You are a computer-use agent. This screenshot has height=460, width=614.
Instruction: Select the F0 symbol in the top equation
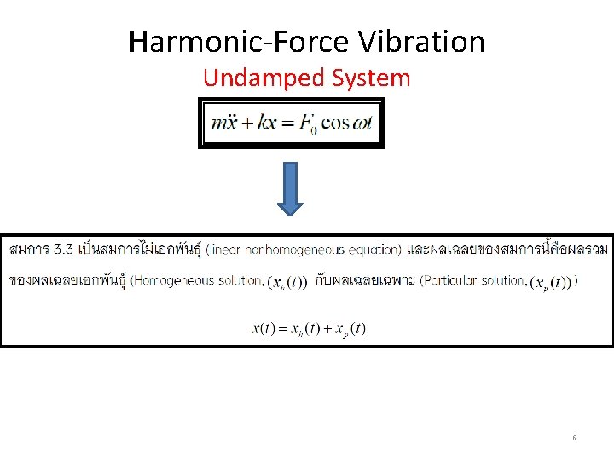click(310, 123)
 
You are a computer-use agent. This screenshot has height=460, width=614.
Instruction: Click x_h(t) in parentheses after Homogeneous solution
click(287, 282)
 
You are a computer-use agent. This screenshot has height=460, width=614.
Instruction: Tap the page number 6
click(574, 438)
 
